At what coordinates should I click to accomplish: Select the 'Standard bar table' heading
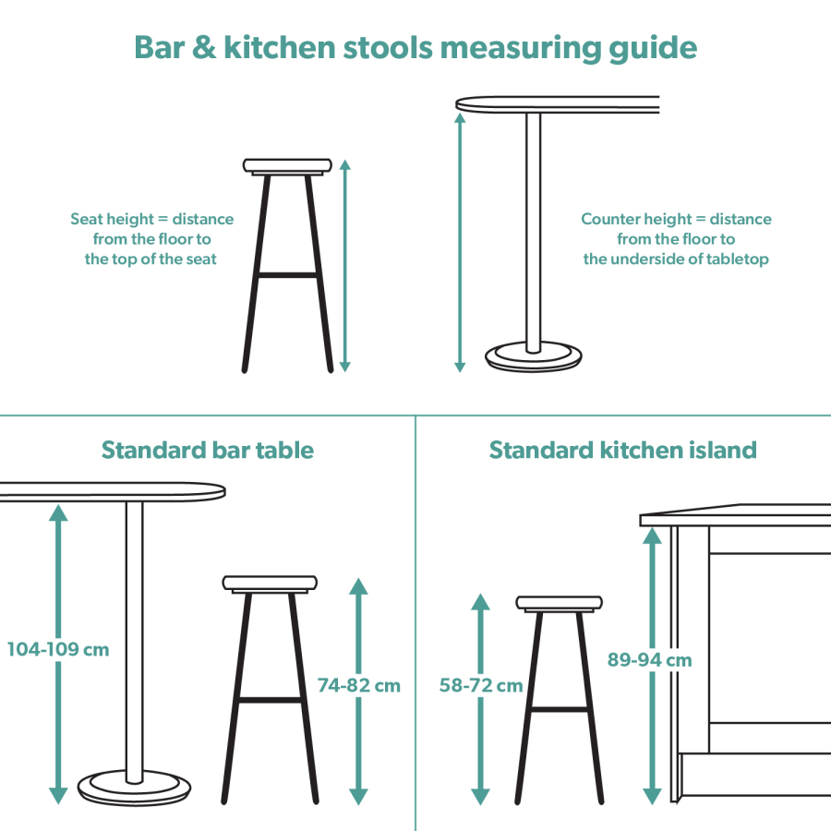[208, 450]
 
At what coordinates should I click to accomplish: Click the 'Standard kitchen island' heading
[622, 450]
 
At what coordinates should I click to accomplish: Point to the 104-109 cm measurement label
[58, 649]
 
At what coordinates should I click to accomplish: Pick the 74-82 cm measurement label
[359, 685]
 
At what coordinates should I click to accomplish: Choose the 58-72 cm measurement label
[481, 685]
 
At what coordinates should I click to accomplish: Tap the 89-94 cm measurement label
[650, 659]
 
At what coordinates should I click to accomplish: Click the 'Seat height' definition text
[152, 238]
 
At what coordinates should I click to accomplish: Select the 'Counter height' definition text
[676, 238]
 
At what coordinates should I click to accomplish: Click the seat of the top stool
[287, 166]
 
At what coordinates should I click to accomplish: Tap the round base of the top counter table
[534, 357]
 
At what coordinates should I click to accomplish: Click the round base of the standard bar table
[135, 789]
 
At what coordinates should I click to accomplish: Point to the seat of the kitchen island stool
[560, 604]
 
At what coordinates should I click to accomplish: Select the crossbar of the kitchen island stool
[559, 709]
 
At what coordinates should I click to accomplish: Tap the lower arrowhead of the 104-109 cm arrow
[58, 795]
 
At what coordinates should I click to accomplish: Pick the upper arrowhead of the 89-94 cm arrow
[653, 535]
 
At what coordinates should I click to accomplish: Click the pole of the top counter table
[533, 231]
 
